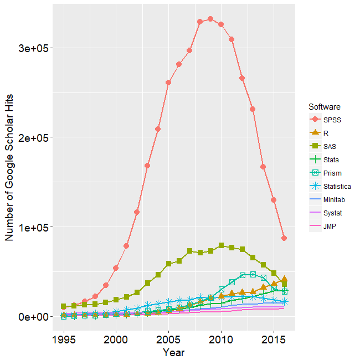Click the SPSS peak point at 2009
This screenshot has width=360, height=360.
click(x=210, y=19)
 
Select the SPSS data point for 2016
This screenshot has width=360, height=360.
click(x=284, y=238)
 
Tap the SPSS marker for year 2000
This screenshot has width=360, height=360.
click(x=116, y=268)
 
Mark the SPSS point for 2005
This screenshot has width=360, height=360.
click(x=168, y=83)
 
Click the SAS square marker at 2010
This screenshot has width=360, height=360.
click(x=221, y=245)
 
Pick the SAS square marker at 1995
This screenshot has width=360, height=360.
click(x=64, y=306)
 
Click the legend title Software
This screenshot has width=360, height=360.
click(x=325, y=106)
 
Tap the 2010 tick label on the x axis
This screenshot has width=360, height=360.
click(x=221, y=338)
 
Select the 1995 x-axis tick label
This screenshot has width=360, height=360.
click(x=64, y=338)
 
